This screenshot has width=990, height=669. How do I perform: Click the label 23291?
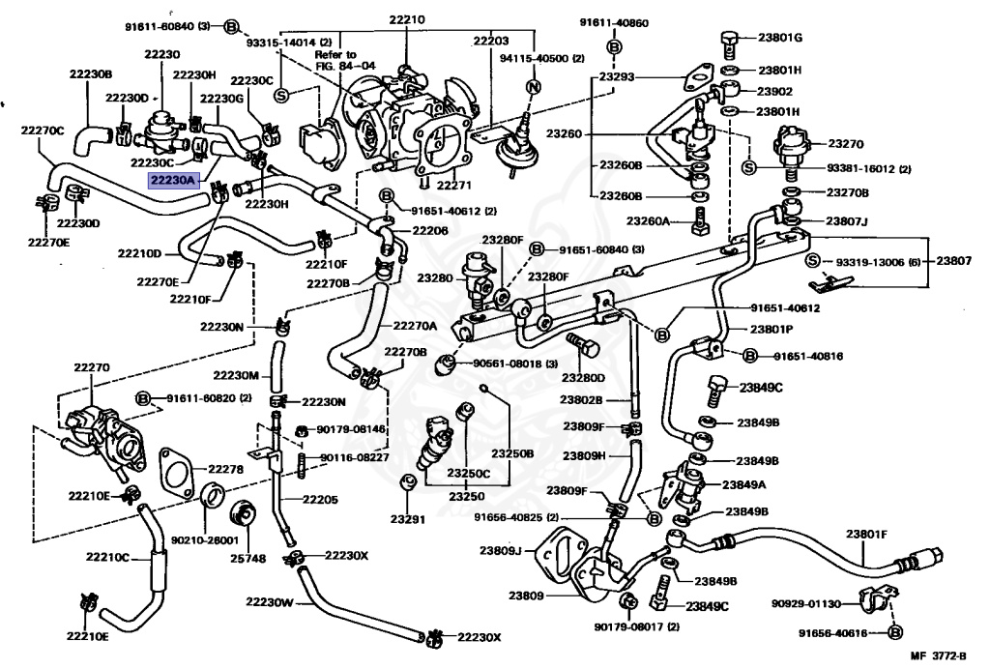click(x=407, y=519)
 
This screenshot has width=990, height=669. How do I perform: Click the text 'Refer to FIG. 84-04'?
click(x=335, y=61)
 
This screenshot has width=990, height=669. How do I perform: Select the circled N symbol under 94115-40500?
click(x=531, y=88)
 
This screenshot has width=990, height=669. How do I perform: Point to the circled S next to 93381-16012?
click(x=748, y=168)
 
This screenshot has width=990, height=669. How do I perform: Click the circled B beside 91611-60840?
click(x=231, y=26)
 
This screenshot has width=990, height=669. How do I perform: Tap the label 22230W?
click(x=268, y=601)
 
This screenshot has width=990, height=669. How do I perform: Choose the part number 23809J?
click(x=500, y=551)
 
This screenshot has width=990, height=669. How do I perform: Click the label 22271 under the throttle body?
click(x=452, y=185)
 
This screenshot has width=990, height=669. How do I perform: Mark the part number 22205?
click(x=319, y=500)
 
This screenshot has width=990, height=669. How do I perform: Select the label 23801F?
click(x=866, y=534)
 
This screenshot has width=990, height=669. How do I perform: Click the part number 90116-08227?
click(x=354, y=458)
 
